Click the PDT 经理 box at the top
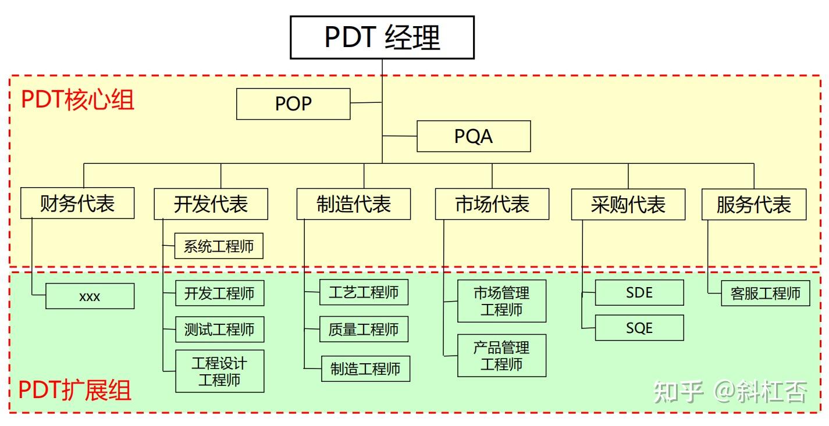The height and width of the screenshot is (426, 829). pos(382,37)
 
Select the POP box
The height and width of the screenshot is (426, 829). pos(293,104)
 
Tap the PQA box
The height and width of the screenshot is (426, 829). pos(474,137)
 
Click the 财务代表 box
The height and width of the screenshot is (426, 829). pos(77,203)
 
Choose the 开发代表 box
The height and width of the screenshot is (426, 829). pos(211,204)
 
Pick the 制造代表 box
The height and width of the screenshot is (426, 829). pos(353,204)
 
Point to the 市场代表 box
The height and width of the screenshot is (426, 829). pos(492,204)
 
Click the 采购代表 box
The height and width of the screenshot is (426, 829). pos(628,205)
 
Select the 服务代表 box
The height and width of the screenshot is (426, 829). pos(753,205)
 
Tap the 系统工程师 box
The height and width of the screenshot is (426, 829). pos(219,246)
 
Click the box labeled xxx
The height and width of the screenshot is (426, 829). pos(90,296)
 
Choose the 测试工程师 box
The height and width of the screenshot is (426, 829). pos(219,330)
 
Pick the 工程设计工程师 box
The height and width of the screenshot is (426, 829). pos(219,371)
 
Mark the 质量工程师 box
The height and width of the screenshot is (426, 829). pos(364,330)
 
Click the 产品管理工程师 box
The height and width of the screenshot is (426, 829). pos(501,356)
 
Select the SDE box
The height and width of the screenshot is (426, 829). pos(639,293)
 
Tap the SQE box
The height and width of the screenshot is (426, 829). pos(639,328)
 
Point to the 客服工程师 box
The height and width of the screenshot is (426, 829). pos(765,293)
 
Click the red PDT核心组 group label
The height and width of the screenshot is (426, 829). pos(77,100)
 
